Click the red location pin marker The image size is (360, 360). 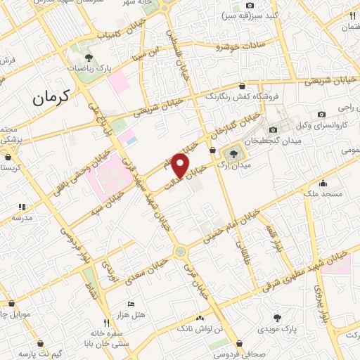coord(181,165)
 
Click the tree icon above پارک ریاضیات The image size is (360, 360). coord(88,58)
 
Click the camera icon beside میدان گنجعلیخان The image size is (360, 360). coord(274,129)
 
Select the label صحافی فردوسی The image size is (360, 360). coord(227,353)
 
